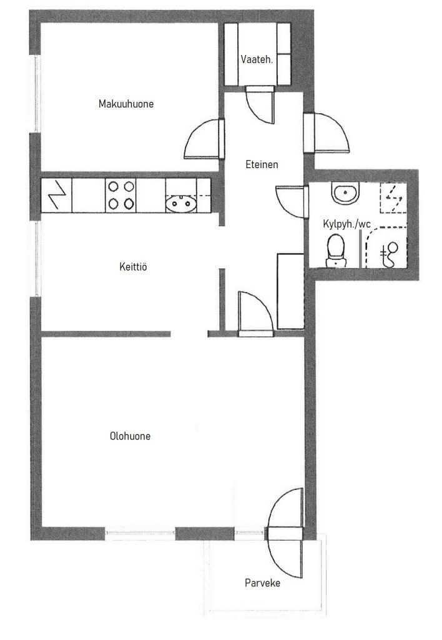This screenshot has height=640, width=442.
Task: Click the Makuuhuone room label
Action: point(126,104)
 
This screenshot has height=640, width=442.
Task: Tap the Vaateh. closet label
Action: point(257,59)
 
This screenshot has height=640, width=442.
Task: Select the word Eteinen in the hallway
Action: point(262,164)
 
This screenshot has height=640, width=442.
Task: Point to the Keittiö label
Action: point(133,267)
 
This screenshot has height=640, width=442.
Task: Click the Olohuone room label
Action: point(130,436)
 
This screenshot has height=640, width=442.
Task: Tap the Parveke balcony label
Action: point(263,583)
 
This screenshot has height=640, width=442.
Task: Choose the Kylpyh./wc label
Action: point(346,224)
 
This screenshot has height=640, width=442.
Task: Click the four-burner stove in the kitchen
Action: point(121,195)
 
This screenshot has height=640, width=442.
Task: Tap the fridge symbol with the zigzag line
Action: point(57,195)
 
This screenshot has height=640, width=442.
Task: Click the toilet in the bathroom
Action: point(336,251)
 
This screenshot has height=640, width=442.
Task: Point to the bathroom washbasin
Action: point(346,192)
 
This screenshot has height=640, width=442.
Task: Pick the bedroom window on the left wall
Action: point(37,94)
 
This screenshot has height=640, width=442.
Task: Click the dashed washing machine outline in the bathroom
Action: point(393,197)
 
